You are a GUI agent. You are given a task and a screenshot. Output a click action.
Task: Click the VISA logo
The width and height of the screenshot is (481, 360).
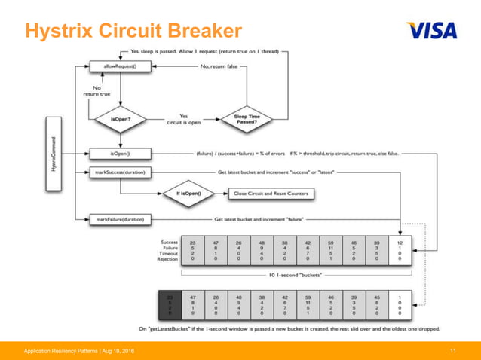coord(431,30)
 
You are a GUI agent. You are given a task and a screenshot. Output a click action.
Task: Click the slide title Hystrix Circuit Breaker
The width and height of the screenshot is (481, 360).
coord(133,31)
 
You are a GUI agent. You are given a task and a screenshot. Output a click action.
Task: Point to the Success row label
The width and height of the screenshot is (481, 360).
coord(169,243)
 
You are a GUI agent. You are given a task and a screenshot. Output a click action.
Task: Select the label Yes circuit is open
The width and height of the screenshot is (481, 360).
coord(184,119)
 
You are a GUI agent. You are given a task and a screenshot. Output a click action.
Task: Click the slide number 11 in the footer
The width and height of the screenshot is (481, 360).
coord(453,352)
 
